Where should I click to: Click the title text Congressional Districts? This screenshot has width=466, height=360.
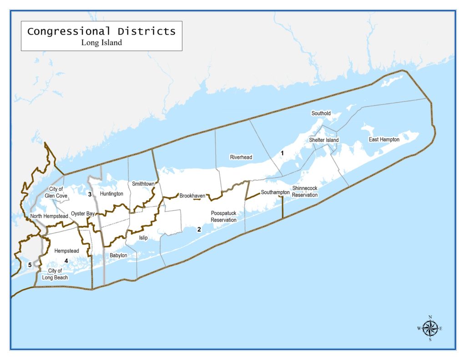[101, 31]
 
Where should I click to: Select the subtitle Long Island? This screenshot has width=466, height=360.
[101, 43]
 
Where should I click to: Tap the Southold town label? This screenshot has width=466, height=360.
[321, 113]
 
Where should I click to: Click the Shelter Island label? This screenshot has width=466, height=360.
[324, 140]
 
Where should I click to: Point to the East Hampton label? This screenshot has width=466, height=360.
[384, 140]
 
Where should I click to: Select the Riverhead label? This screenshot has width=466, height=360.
[241, 157]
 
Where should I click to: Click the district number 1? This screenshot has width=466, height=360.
[282, 153]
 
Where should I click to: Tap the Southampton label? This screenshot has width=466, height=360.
[275, 193]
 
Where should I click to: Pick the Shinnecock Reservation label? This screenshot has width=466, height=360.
[305, 192]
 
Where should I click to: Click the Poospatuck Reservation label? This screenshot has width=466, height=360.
[224, 217]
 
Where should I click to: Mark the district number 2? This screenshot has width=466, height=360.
[199, 229]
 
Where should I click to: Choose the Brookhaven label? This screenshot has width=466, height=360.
[192, 196]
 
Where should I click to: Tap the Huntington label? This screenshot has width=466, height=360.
[111, 194]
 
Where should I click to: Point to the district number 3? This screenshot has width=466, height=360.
[90, 194]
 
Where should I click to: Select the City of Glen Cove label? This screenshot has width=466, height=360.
[56, 193]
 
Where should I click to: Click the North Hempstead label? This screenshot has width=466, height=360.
[49, 216]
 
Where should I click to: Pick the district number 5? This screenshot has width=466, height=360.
[30, 265]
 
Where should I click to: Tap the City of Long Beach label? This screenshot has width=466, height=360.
[58, 274]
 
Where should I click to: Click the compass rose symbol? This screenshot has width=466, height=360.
[430, 328]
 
